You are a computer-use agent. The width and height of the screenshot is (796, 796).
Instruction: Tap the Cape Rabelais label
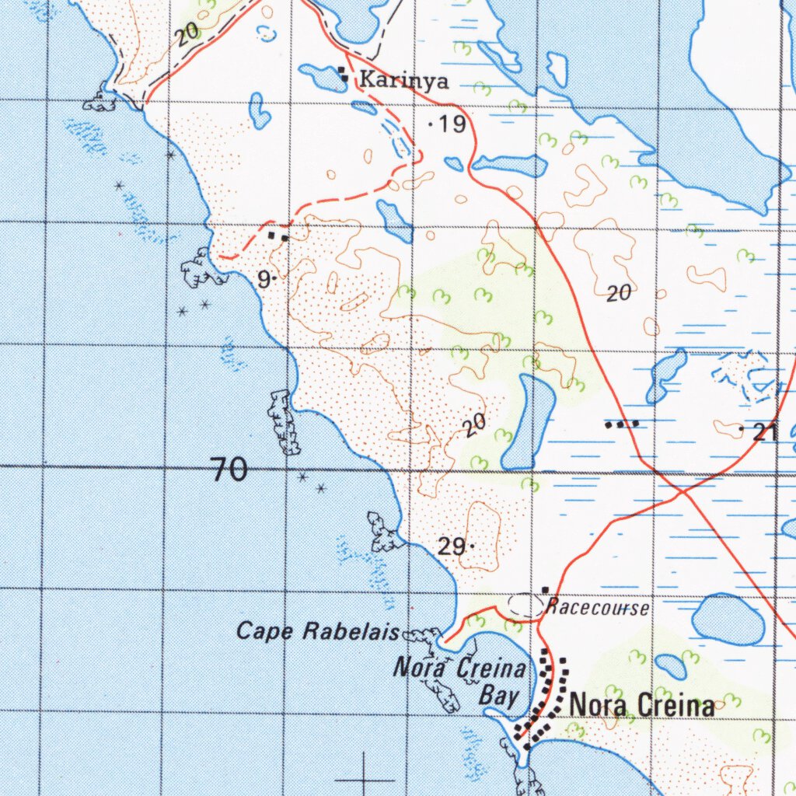coord(318,630)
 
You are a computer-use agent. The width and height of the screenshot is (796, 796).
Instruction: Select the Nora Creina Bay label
coord(460,680)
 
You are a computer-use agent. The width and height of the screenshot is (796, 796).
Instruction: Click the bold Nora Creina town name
coord(642,705)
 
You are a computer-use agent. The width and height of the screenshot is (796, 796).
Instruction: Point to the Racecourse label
coord(596,607)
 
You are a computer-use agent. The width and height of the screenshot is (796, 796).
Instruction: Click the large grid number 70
coord(229,470)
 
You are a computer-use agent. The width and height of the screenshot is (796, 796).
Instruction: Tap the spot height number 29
coord(452,546)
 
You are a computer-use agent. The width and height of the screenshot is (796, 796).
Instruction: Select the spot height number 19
coord(452,124)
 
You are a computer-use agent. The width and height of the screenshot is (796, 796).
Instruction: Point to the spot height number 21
coord(766,433)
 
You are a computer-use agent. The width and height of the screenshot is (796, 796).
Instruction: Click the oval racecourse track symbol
coord(526,606)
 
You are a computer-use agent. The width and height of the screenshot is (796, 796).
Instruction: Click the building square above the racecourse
coord(546,590)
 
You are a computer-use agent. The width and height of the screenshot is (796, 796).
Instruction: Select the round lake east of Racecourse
coord(728,619)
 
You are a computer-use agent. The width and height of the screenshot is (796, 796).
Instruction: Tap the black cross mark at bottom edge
coord(364,777)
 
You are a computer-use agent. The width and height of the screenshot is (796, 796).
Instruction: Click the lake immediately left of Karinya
coord(322,77)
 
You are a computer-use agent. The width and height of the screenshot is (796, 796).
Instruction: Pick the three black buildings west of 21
coord(623,424)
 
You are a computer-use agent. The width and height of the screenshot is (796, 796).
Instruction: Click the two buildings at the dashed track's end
coord(278,235)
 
